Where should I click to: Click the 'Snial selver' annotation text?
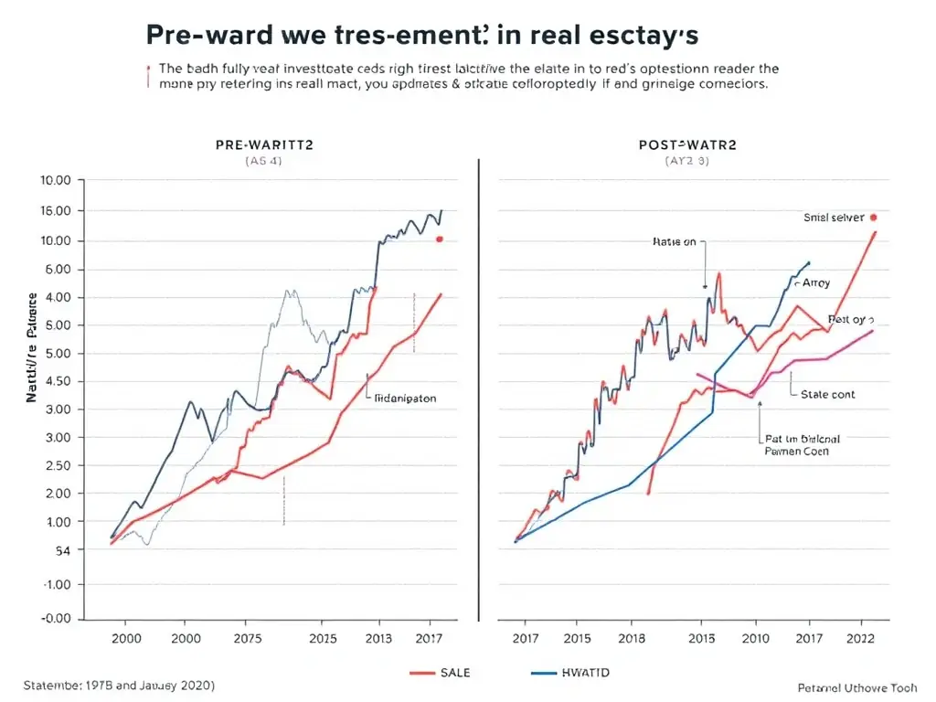click(x=834, y=218)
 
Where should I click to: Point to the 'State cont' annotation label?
click(x=828, y=394)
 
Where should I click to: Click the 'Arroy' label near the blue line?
click(x=815, y=284)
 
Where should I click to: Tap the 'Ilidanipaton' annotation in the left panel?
click(x=406, y=399)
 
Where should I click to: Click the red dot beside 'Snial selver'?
click(x=874, y=218)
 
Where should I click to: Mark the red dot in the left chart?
click(x=440, y=239)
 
